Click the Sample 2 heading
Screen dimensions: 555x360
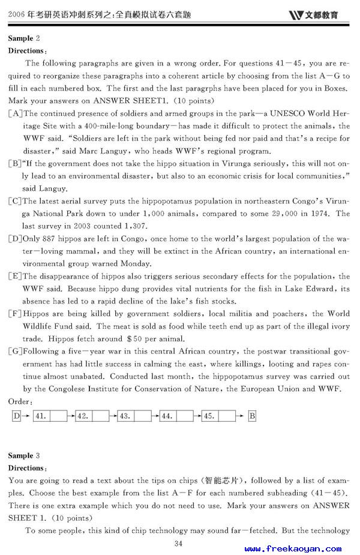24,38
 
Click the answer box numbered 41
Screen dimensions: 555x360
58,416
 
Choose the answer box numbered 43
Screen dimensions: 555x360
143,416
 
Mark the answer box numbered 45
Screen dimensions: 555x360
227,416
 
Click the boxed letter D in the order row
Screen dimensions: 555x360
16,416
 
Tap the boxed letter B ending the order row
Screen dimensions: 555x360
252,416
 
